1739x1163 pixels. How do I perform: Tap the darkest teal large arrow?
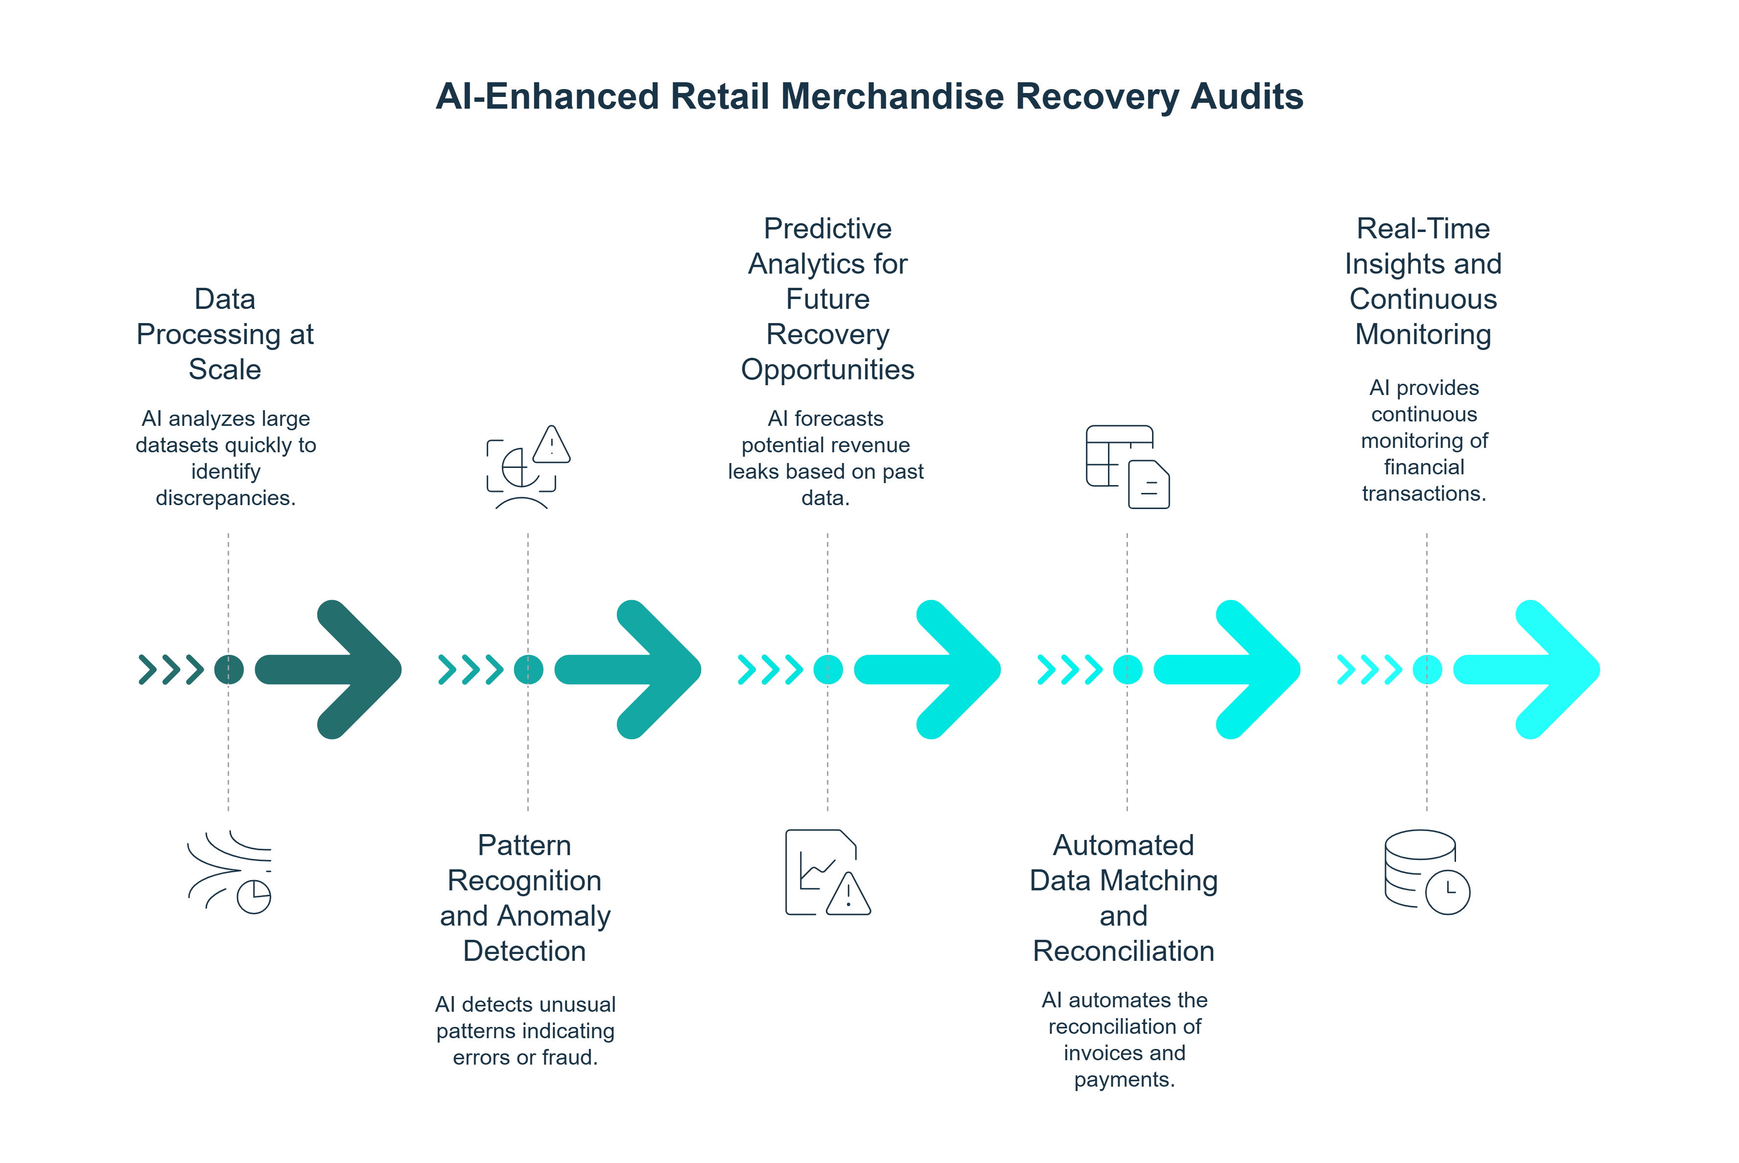tap(330, 669)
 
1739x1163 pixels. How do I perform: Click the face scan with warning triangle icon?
tap(527, 467)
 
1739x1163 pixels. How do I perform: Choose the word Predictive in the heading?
tap(827, 229)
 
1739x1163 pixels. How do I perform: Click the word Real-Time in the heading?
tap(1422, 229)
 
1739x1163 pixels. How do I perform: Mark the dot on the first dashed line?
tap(229, 669)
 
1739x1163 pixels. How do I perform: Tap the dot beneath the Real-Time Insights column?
tap(1427, 669)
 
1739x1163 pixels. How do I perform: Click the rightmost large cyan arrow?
tap(1528, 669)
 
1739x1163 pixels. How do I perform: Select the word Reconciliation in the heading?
tap(1123, 951)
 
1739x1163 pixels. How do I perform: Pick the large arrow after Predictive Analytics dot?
tap(929, 669)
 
